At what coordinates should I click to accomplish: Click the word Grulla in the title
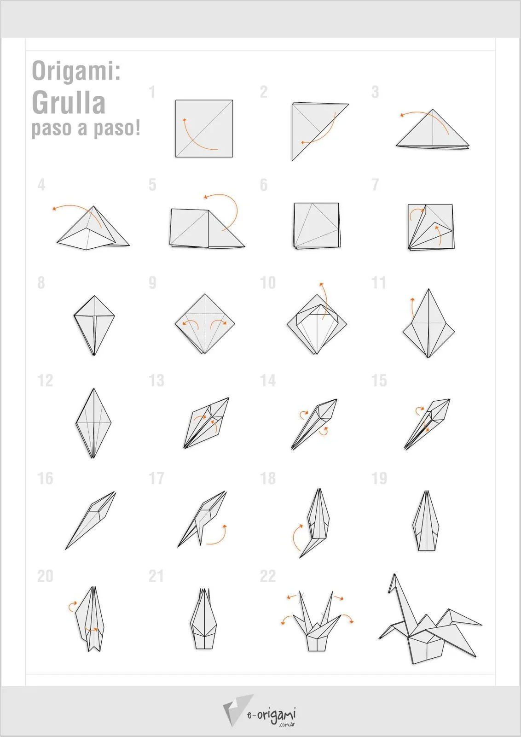[x=69, y=103]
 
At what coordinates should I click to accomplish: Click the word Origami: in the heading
[x=76, y=71]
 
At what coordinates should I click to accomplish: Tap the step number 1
[x=152, y=92]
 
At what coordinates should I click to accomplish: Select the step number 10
[x=268, y=283]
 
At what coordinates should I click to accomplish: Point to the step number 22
[x=268, y=576]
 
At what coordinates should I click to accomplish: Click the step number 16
[x=45, y=478]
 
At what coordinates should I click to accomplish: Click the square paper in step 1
[x=204, y=128]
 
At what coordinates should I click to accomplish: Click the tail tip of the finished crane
[x=479, y=624]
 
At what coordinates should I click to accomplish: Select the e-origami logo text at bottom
[x=272, y=715]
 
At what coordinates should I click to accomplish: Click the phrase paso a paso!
[x=86, y=128]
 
